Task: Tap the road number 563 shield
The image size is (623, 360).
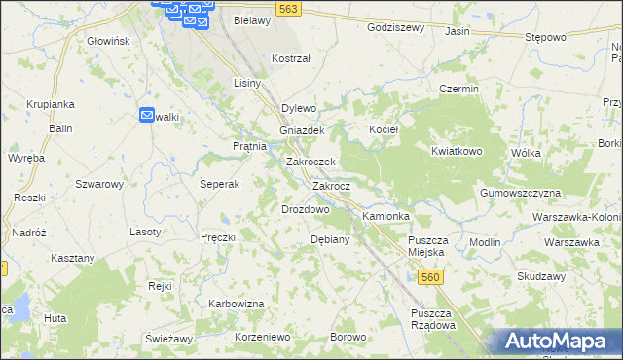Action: (288, 7)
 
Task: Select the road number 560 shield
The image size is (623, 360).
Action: (432, 278)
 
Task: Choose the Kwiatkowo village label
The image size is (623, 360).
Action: (458, 152)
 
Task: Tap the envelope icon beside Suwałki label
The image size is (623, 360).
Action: (147, 114)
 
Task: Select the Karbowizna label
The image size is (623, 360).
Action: (237, 304)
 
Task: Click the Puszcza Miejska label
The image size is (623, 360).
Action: (426, 246)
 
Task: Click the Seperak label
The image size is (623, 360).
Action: (220, 184)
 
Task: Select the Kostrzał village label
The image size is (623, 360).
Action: (291, 58)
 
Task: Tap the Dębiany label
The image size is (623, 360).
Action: (329, 239)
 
